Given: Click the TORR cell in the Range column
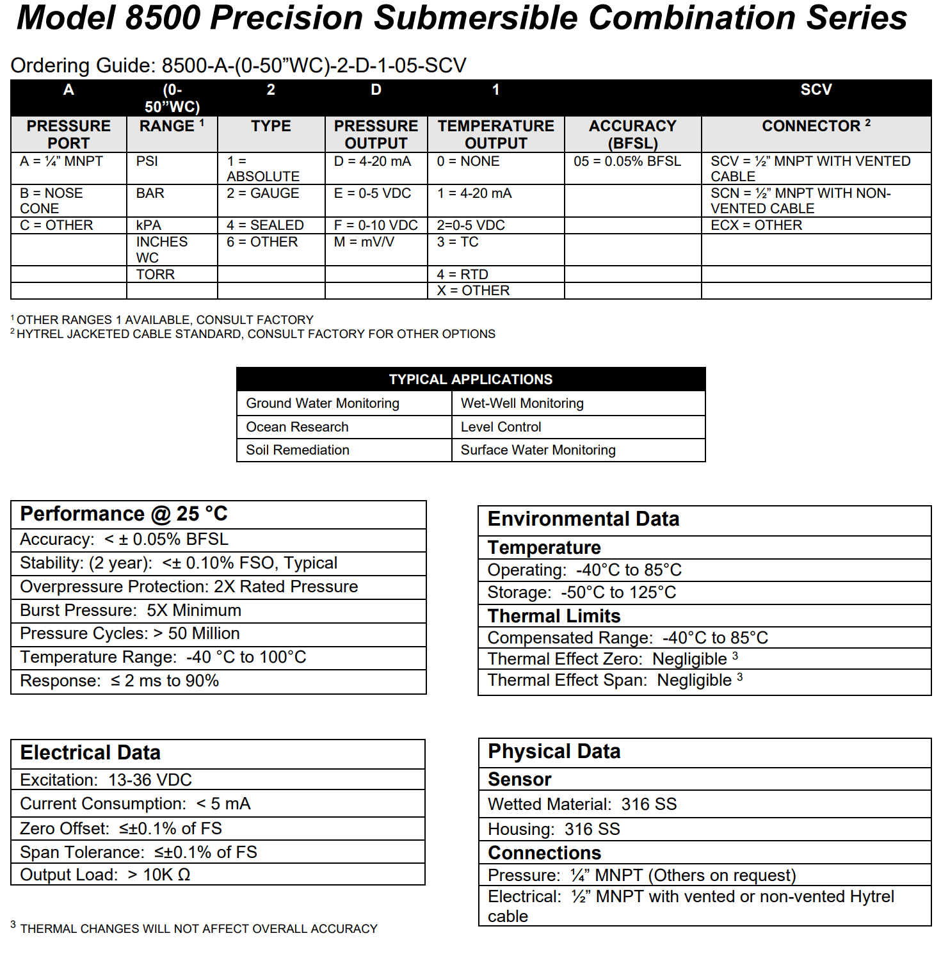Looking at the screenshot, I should (156, 275).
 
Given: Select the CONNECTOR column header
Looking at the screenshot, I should (816, 126).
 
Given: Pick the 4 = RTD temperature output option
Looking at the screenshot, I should (462, 275).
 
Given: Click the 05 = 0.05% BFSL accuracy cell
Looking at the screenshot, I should (627, 161).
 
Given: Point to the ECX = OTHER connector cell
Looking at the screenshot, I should (756, 225).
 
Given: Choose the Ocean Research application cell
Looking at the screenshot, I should (298, 427).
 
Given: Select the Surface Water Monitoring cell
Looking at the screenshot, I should (538, 450).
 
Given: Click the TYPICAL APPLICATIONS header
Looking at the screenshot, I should (470, 380).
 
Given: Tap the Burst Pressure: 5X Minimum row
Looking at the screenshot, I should (131, 610).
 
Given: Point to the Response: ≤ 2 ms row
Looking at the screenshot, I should (120, 681).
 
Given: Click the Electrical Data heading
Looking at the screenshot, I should (90, 753).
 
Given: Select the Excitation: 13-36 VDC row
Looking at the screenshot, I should (106, 780).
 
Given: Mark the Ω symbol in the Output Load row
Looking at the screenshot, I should (184, 875).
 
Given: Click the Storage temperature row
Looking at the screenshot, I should (581, 592).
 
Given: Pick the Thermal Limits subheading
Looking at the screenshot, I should (554, 616).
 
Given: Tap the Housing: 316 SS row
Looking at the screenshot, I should (554, 829).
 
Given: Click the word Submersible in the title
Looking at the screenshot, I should (475, 18).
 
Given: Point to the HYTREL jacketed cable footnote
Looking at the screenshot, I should (255, 334).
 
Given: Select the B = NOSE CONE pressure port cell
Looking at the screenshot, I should (51, 201).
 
